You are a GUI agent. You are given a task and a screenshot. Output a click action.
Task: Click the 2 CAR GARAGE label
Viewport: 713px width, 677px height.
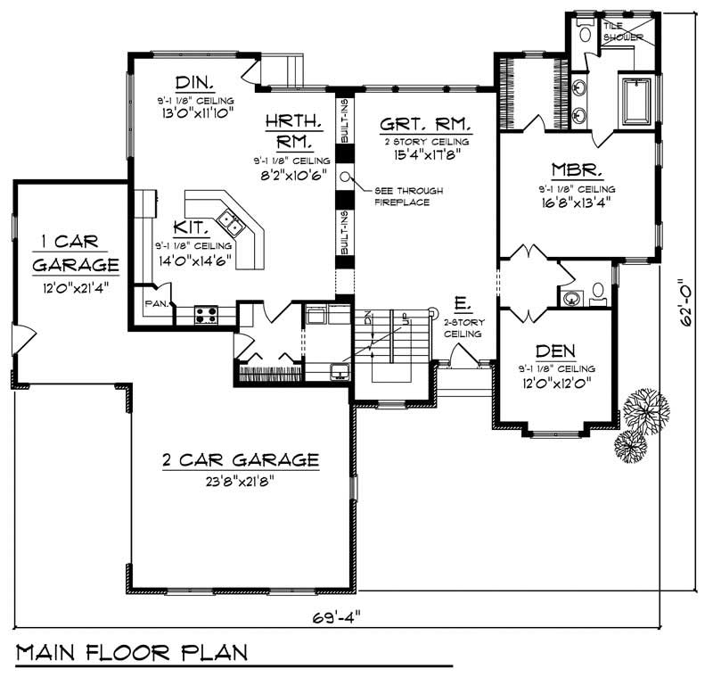[x=240, y=460]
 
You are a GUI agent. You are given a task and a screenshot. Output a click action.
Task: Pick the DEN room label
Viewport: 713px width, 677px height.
[x=554, y=351]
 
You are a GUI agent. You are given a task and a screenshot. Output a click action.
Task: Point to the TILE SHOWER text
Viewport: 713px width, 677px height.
[x=617, y=31]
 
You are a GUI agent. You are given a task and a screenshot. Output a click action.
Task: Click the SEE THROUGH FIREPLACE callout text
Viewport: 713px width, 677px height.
[x=408, y=196]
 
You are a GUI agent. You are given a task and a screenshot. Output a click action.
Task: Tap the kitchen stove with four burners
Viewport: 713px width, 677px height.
[x=207, y=314]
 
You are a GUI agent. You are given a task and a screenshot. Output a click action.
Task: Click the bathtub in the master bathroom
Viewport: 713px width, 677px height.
[x=636, y=101]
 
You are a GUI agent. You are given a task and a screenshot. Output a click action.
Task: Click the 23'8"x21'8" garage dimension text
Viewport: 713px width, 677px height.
[x=240, y=481]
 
